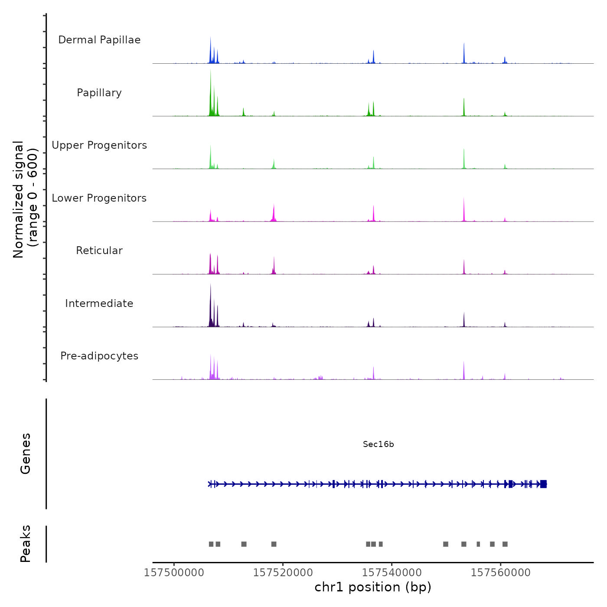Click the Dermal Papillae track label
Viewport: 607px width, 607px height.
pyautogui.click(x=99, y=40)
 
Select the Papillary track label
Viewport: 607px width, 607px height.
pyautogui.click(x=99, y=93)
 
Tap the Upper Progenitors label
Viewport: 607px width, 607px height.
pyautogui.click(x=99, y=145)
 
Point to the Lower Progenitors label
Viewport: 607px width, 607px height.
pyautogui.click(x=99, y=198)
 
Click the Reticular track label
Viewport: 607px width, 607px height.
pyautogui.click(x=99, y=251)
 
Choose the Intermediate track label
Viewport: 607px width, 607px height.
pyautogui.click(x=99, y=303)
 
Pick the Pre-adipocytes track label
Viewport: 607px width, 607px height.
pyautogui.click(x=99, y=356)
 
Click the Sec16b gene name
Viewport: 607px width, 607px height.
pyautogui.click(x=378, y=444)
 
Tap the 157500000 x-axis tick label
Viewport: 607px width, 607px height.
pyautogui.click(x=174, y=573)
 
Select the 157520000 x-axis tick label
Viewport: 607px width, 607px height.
pyautogui.click(x=283, y=573)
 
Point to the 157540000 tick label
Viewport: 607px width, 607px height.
pyautogui.click(x=392, y=573)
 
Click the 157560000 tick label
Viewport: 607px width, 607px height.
pyautogui.click(x=501, y=573)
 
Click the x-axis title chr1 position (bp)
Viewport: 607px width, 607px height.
pyautogui.click(x=373, y=587)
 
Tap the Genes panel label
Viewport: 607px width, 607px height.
pyautogui.click(x=25, y=454)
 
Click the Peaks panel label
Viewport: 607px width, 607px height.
pyautogui.click(x=25, y=544)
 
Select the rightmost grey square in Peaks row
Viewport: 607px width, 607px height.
pyautogui.click(x=505, y=544)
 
